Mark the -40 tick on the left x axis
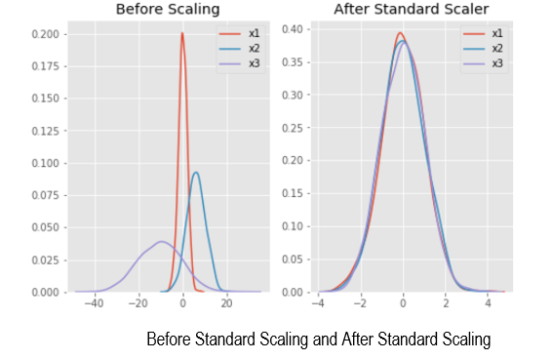(94, 302)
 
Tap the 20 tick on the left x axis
(226, 302)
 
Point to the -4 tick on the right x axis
(317, 302)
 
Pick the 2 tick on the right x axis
(446, 302)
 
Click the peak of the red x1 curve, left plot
(182, 34)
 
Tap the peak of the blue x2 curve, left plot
(196, 173)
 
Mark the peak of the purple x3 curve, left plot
(161, 242)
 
